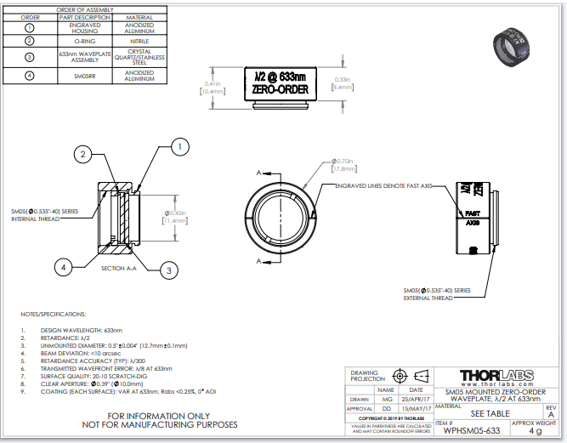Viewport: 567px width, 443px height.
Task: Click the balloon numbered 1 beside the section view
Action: click(x=179, y=147)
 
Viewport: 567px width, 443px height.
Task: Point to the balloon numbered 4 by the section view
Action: click(x=61, y=267)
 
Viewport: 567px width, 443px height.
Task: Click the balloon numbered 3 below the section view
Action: click(x=169, y=270)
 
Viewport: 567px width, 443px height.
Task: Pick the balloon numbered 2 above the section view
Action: click(x=82, y=154)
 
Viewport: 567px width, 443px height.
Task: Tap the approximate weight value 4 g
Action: click(x=535, y=431)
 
